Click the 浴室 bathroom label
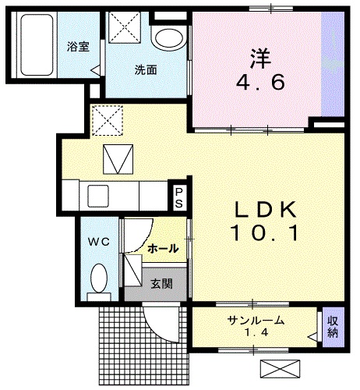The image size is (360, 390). tap(78, 46)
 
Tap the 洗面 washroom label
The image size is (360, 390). tap(145, 69)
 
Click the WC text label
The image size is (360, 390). tap(98, 241)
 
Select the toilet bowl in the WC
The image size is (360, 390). tap(99, 278)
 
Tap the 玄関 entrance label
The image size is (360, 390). tap(162, 283)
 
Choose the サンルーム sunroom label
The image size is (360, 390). tap(256, 321)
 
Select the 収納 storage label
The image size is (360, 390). tap(333, 327)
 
